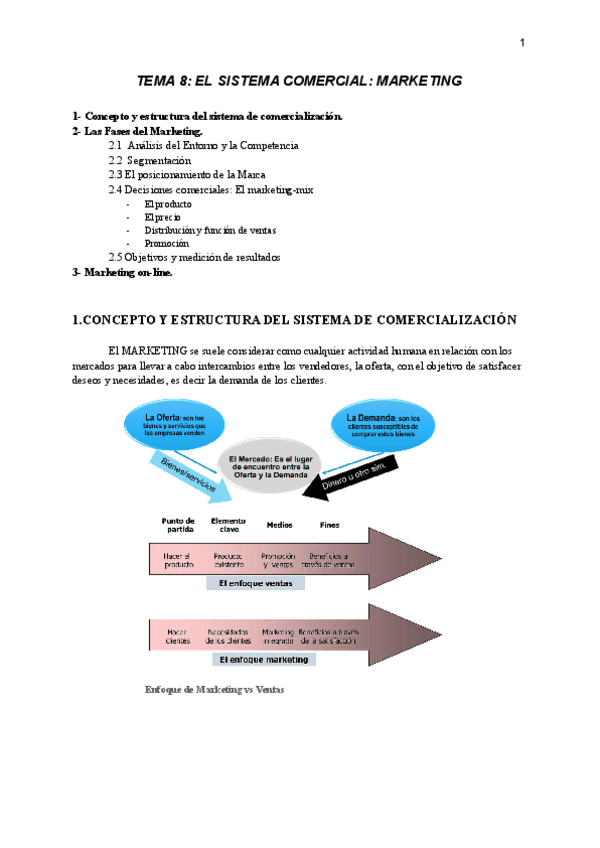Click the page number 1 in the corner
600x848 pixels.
pos(521,42)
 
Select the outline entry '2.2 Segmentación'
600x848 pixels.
pos(150,160)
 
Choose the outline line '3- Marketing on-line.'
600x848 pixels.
pos(122,272)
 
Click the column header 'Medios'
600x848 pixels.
pos(279,524)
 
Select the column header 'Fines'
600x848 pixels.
pos(329,524)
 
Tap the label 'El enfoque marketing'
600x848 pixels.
pos(261,660)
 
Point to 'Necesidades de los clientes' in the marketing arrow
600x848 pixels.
pos(229,637)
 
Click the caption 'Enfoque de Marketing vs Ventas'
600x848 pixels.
pos(215,689)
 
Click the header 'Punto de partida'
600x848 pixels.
pos(177,524)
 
